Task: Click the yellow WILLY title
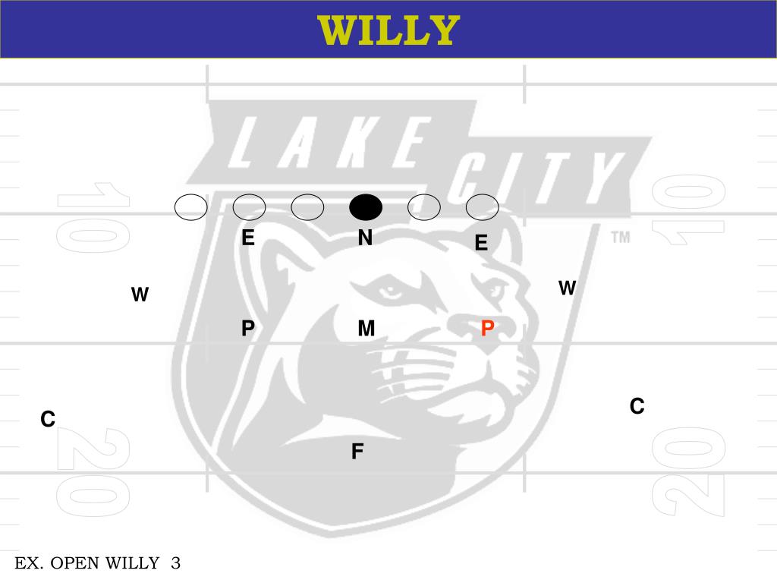click(x=388, y=30)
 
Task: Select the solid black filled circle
click(x=366, y=206)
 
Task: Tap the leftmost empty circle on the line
click(x=190, y=206)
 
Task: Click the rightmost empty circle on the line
click(x=482, y=206)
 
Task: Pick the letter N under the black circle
click(x=365, y=238)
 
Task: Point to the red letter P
click(x=488, y=329)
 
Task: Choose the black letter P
click(x=248, y=329)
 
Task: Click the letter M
click(x=366, y=329)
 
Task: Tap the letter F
click(x=357, y=452)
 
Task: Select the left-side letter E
click(x=248, y=238)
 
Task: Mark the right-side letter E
click(x=481, y=243)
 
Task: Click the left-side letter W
click(x=140, y=295)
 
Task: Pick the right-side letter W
click(x=568, y=288)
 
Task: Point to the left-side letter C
click(x=48, y=419)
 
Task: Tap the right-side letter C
click(x=637, y=407)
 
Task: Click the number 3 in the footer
click(x=176, y=563)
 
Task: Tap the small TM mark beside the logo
click(x=621, y=238)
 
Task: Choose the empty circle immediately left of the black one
click(x=307, y=206)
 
